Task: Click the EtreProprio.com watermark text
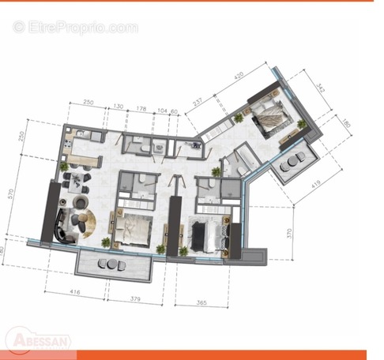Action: pos(75,28)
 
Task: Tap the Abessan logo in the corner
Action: pos(38,340)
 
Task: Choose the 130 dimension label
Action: pos(119,106)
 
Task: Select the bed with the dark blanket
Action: pos(207,233)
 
